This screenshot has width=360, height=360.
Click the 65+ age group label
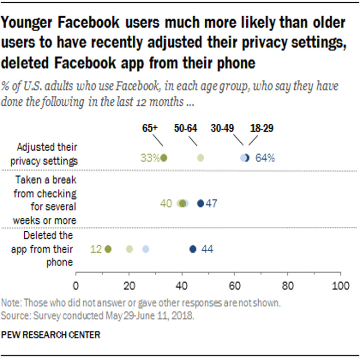(x=150, y=128)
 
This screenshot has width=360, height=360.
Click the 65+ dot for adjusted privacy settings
(x=164, y=158)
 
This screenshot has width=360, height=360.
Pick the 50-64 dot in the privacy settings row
(x=201, y=158)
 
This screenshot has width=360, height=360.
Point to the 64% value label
(x=265, y=158)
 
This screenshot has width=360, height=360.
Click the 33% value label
(x=149, y=158)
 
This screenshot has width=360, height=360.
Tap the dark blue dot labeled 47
(x=201, y=203)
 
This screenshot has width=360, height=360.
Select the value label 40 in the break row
(x=166, y=203)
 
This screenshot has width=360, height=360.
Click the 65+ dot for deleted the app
(x=108, y=249)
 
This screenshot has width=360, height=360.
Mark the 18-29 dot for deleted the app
(x=193, y=249)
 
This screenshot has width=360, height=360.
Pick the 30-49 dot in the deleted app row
(x=145, y=249)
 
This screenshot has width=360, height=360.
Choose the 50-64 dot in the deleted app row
(x=129, y=249)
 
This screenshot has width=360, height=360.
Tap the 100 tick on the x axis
(x=340, y=286)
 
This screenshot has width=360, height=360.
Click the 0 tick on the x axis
(x=76, y=286)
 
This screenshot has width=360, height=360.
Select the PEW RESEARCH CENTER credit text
(x=50, y=335)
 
